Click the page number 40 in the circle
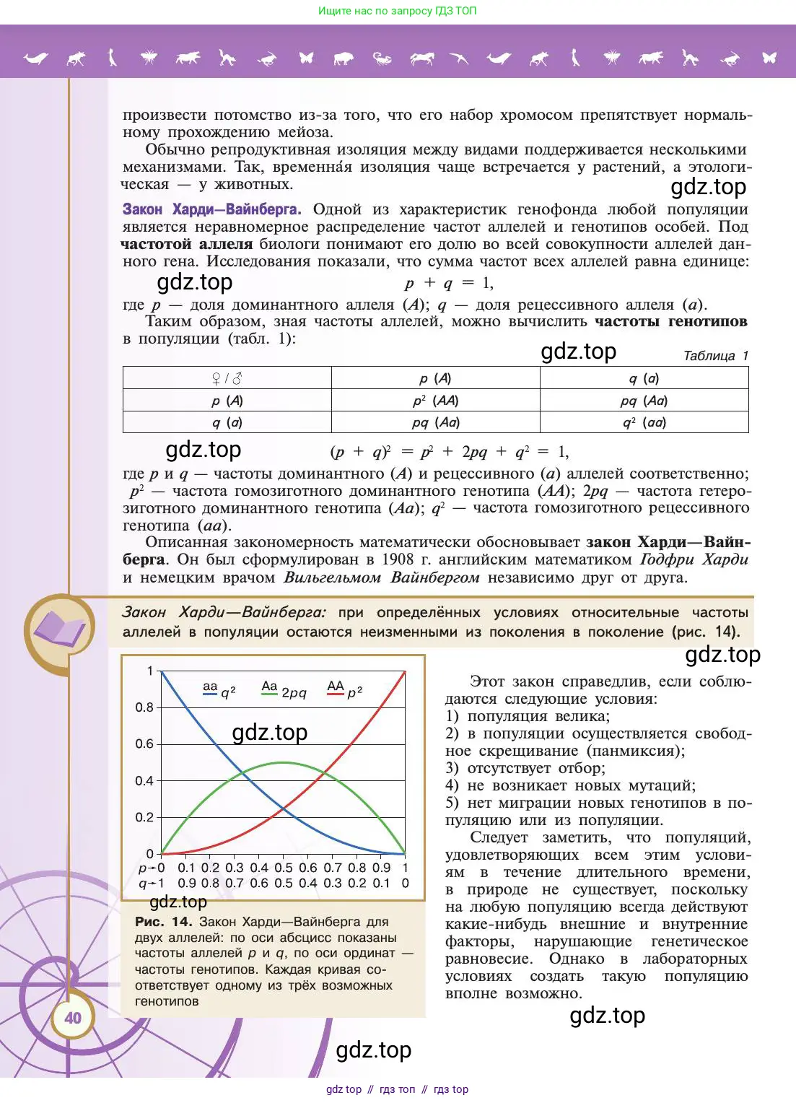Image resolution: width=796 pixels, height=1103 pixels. tap(73, 1018)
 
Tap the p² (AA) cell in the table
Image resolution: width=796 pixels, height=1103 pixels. tap(435, 401)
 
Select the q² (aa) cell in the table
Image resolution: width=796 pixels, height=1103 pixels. tap(644, 422)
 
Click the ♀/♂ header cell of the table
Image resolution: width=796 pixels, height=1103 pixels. tap(227, 378)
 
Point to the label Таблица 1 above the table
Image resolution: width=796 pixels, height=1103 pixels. tap(715, 356)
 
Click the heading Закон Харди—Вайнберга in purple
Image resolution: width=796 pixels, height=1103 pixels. tap(211, 209)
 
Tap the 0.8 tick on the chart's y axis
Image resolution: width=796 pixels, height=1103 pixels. tap(144, 707)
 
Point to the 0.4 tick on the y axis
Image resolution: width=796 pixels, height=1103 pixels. tap(144, 780)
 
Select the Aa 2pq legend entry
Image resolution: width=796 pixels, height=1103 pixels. tap(283, 690)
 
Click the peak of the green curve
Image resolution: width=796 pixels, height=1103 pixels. tap(283, 762)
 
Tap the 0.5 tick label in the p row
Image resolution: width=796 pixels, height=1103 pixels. tap(284, 868)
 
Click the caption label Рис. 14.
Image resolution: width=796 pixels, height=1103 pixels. tap(163, 922)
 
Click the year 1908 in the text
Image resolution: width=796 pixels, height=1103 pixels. tap(398, 559)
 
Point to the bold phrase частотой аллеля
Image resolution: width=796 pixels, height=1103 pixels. tap(187, 244)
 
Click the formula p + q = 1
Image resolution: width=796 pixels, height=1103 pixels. tap(449, 283)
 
